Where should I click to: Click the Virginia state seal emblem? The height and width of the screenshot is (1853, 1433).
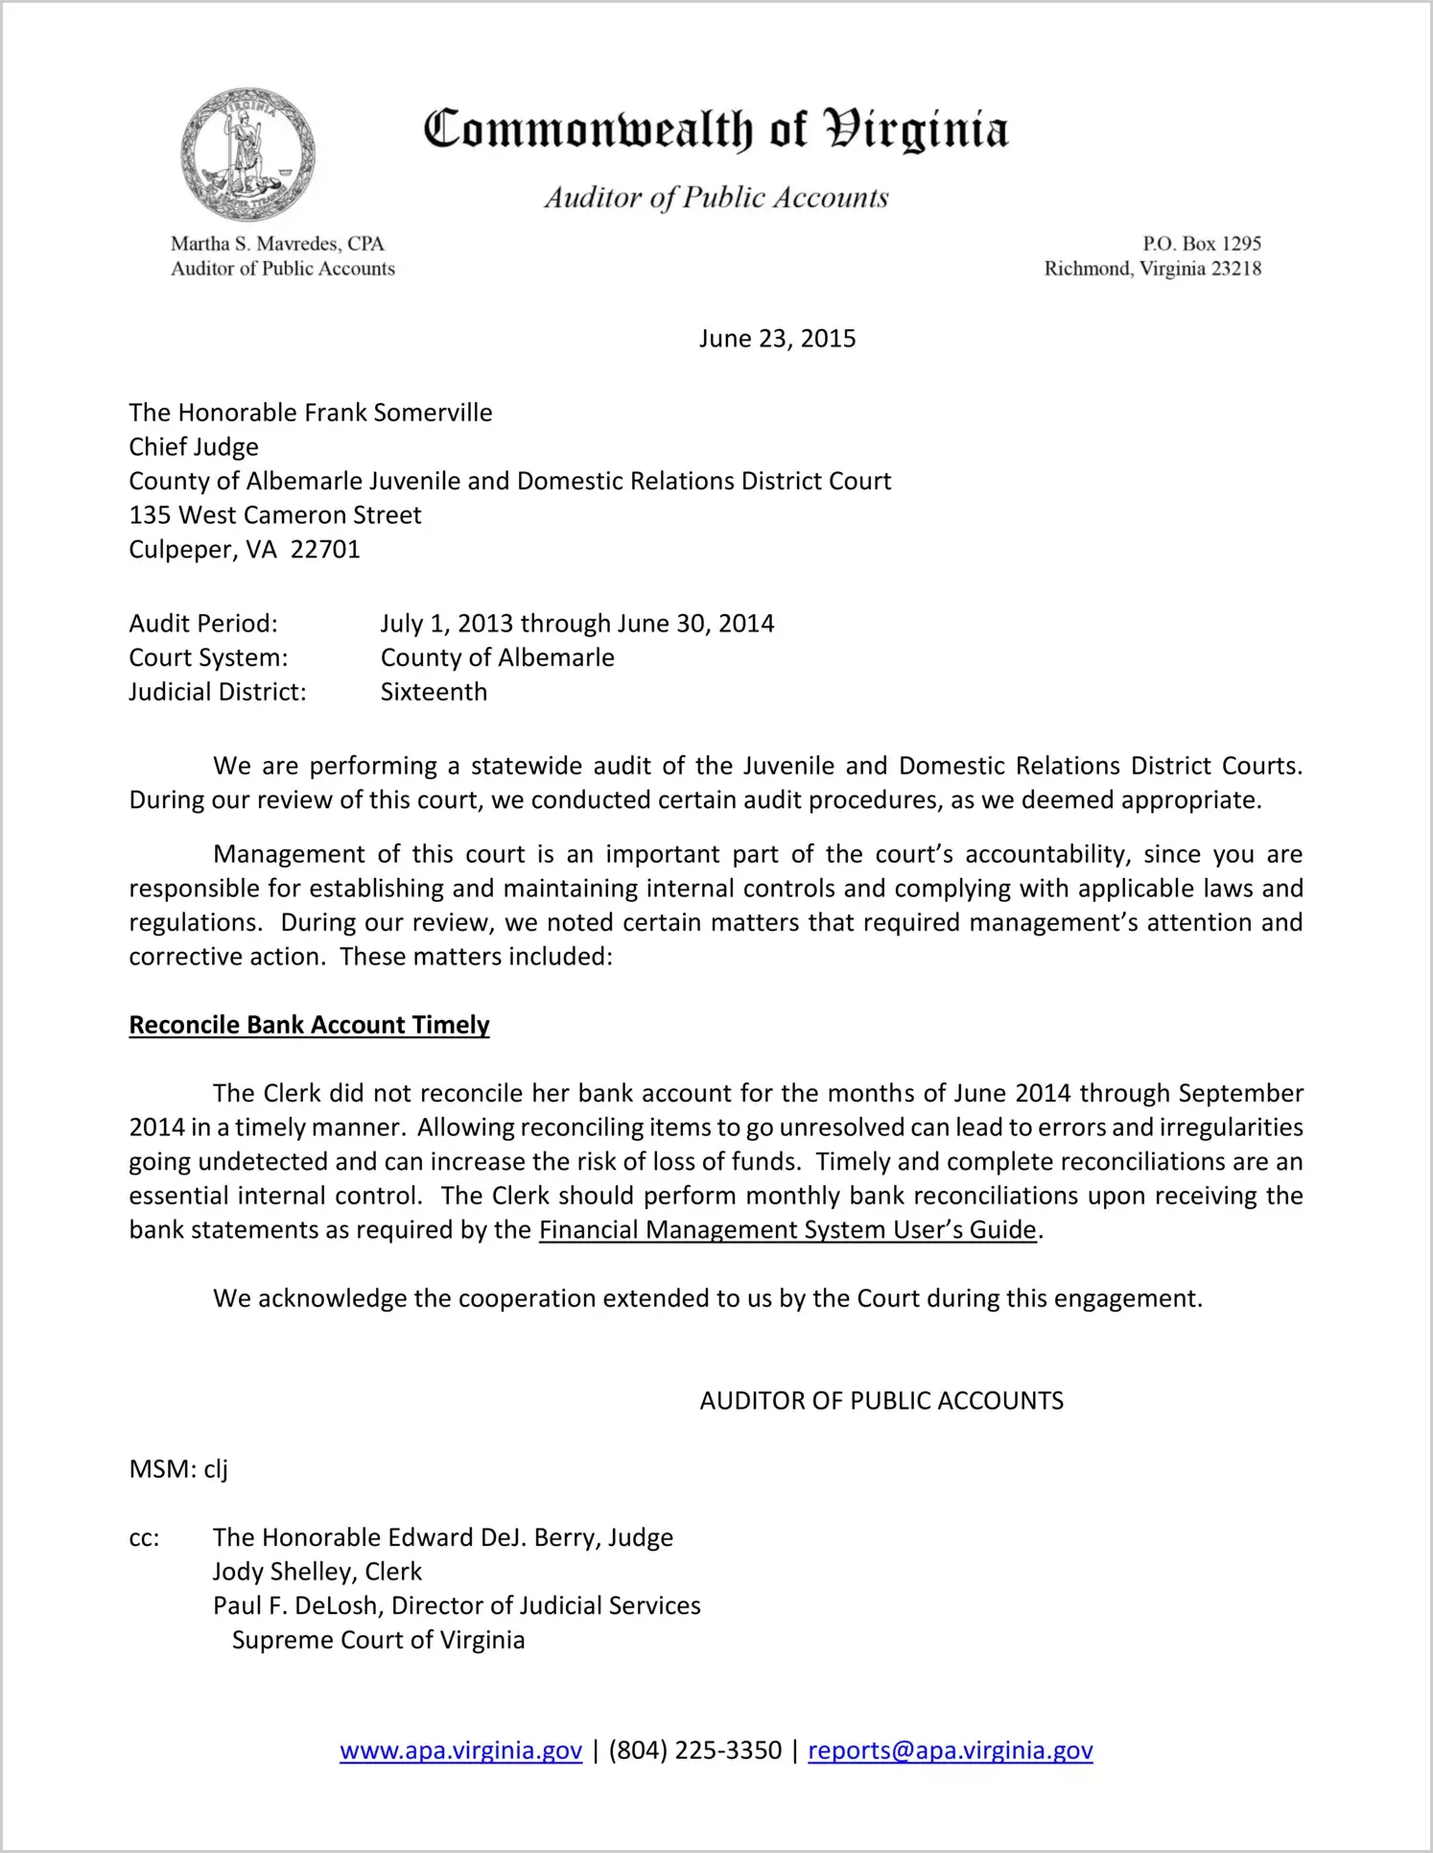tap(247, 154)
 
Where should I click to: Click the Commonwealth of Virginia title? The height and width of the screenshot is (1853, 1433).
tap(716, 130)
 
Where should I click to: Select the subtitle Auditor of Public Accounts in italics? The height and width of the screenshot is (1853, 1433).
tap(716, 198)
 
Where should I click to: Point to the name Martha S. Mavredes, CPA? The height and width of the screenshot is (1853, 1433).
tap(277, 244)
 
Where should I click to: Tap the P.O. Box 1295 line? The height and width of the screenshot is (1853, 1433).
tap(1201, 244)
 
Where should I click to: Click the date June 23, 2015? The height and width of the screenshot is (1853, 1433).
tap(777, 339)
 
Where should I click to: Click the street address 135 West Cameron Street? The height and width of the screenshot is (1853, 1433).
tap(275, 515)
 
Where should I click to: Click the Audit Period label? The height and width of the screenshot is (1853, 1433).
tap(203, 624)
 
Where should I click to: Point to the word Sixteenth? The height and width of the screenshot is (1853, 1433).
tap(434, 692)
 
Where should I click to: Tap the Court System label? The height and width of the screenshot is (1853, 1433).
tap(208, 658)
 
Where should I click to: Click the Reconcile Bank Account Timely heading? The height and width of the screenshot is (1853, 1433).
tap(309, 1025)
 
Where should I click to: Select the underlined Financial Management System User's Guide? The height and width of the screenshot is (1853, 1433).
tap(787, 1230)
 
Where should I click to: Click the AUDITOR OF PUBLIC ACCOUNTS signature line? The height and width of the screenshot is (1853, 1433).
tap(881, 1401)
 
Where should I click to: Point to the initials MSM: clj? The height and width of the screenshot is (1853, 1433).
tap(178, 1469)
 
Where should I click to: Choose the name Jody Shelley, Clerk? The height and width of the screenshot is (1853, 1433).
tap(317, 1572)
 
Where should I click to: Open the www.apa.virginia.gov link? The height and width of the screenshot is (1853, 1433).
tap(460, 1750)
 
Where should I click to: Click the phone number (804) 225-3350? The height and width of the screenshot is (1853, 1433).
tap(694, 1750)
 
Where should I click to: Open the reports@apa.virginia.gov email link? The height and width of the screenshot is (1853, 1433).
tap(950, 1750)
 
